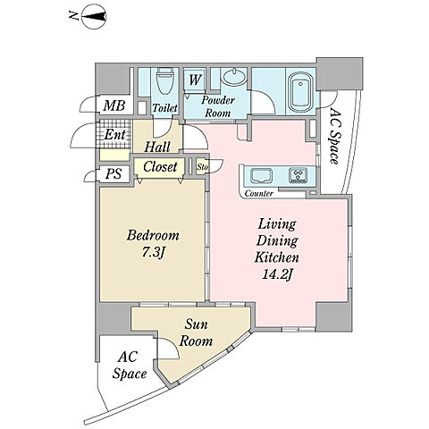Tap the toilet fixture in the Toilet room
click(x=164, y=80)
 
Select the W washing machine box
click(x=195, y=80)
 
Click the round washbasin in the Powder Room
click(x=234, y=77)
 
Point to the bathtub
click(x=301, y=92)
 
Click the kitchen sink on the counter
click(x=261, y=176)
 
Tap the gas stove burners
click(x=298, y=175)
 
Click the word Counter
click(x=259, y=194)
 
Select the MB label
click(x=114, y=105)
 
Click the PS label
click(x=114, y=173)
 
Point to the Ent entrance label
click(x=114, y=134)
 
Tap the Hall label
click(x=157, y=147)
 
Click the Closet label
click(x=160, y=166)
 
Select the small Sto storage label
click(x=202, y=167)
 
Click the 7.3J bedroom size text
click(x=153, y=253)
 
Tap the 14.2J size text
click(x=276, y=274)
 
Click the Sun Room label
click(x=196, y=332)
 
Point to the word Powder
click(x=218, y=100)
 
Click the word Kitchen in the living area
click(x=277, y=257)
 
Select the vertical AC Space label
click(x=335, y=136)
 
